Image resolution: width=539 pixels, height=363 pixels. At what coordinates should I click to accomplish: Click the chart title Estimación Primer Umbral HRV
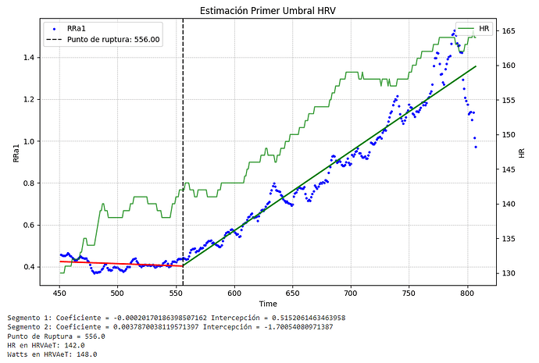point(269,9)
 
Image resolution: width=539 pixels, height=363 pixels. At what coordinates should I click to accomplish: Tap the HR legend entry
point(484,28)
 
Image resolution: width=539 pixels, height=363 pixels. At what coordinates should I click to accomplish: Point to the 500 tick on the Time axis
point(117,293)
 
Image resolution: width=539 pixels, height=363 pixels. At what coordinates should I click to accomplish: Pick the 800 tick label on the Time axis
point(466,293)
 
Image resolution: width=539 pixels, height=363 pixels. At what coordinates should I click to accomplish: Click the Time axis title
point(269,303)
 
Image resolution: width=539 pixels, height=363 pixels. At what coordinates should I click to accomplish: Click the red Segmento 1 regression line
point(117,264)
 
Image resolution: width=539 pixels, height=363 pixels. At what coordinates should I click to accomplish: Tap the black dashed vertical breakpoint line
point(183,156)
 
